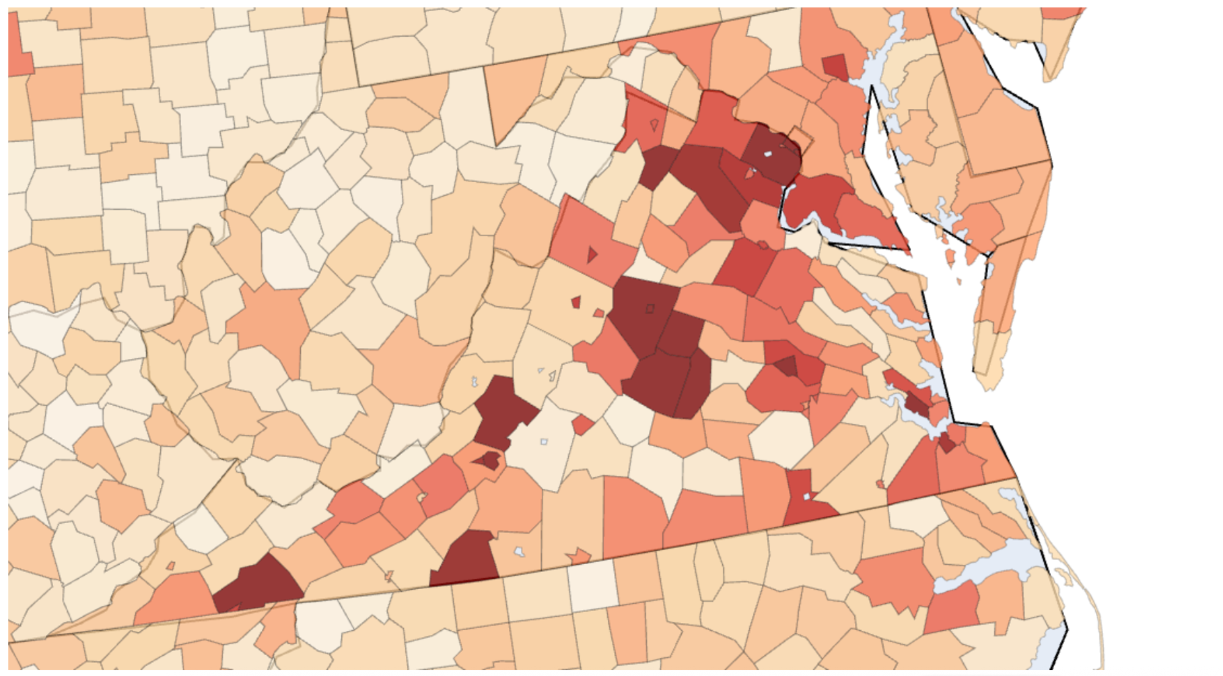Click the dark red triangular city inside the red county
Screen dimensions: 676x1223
point(787,366)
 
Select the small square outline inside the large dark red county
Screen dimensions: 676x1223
point(649,309)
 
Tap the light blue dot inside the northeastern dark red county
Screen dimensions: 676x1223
point(767,154)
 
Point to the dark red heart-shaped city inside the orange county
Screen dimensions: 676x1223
point(489,460)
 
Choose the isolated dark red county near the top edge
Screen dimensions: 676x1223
point(835,67)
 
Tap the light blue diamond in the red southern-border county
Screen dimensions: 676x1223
point(807,496)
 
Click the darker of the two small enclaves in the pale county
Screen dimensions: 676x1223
point(575,302)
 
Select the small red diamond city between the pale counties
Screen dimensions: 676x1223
point(583,424)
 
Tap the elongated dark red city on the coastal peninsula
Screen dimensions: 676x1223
point(916,402)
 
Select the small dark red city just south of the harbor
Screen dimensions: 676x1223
point(947,443)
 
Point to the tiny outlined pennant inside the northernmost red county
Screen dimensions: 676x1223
point(654,125)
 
